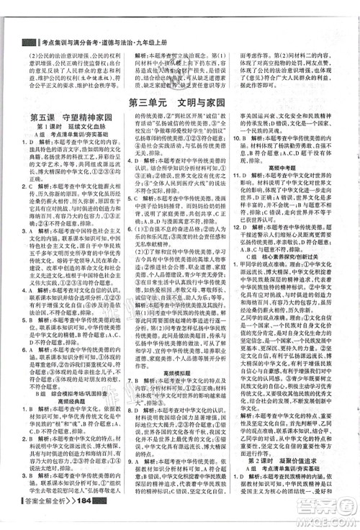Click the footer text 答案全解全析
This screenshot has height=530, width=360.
click(x=45, y=520)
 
